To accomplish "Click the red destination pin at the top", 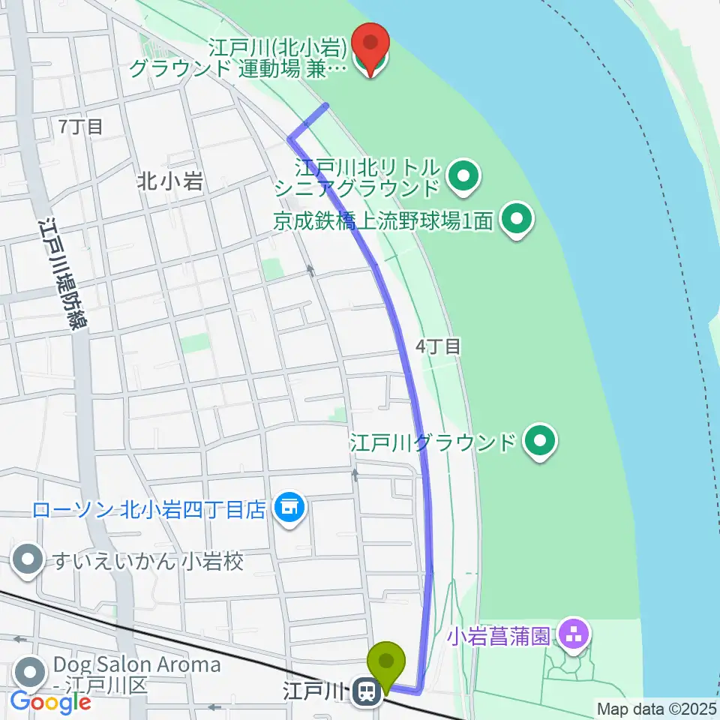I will pyautogui.click(x=370, y=46).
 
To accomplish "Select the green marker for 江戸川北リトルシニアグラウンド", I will pyautogui.click(x=463, y=177).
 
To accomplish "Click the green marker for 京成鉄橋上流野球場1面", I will pyautogui.click(x=516, y=220).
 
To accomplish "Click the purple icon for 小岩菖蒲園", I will pyautogui.click(x=574, y=637).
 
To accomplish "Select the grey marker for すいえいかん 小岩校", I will pyautogui.click(x=28, y=561).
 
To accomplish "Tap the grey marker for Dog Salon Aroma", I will pyautogui.click(x=28, y=669).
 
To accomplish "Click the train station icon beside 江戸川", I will pyautogui.click(x=367, y=690).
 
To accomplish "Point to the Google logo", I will pyautogui.click(x=50, y=702).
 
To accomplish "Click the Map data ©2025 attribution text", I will pyautogui.click(x=656, y=708).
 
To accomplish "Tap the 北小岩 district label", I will pyautogui.click(x=170, y=181).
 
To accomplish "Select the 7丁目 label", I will pyautogui.click(x=80, y=127).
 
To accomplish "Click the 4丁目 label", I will pyautogui.click(x=439, y=346).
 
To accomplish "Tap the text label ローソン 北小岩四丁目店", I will pyautogui.click(x=148, y=510).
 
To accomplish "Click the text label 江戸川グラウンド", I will pyautogui.click(x=433, y=442).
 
